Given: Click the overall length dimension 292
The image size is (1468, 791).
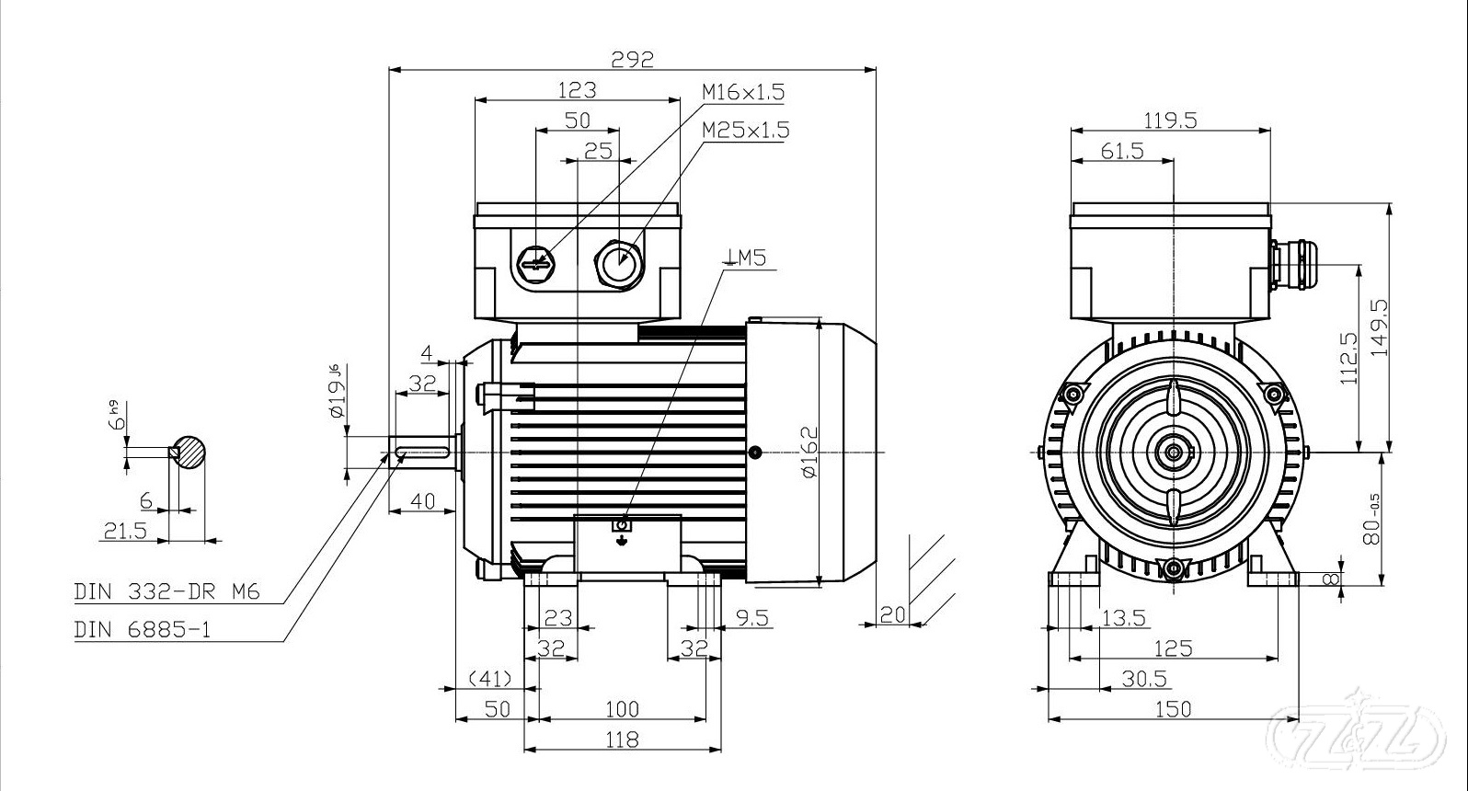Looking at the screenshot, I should pyautogui.click(x=632, y=59).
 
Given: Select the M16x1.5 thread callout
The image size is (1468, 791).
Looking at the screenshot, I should pyautogui.click(x=743, y=92).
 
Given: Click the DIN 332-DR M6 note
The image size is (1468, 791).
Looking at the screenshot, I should pyautogui.click(x=166, y=591).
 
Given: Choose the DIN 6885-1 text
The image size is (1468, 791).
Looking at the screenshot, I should pyautogui.click(x=143, y=630).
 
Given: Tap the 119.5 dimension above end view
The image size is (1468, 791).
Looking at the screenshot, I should pyautogui.click(x=1170, y=120).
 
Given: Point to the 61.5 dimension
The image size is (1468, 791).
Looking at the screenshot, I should pyautogui.click(x=1121, y=151).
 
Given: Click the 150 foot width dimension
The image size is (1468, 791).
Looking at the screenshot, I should pyautogui.click(x=1172, y=708).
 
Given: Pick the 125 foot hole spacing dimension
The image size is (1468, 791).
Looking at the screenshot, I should pyautogui.click(x=1173, y=648).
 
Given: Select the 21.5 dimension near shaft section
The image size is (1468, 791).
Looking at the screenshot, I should pyautogui.click(x=124, y=531).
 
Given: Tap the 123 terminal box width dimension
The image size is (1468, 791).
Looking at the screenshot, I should pyautogui.click(x=578, y=89).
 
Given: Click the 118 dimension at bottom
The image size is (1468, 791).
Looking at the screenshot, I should pyautogui.click(x=623, y=739).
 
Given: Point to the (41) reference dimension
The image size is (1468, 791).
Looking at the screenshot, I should pyautogui.click(x=489, y=679).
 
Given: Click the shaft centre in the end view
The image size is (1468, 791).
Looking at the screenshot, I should pyautogui.click(x=1174, y=452).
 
